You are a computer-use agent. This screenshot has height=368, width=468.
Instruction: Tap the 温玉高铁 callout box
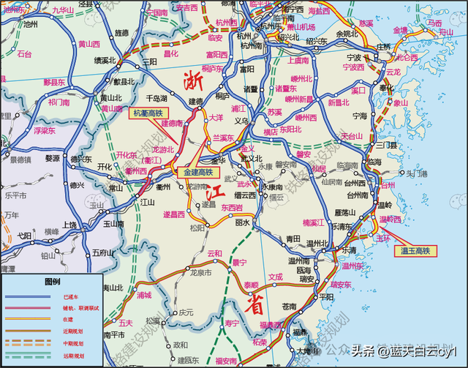coord(415,251)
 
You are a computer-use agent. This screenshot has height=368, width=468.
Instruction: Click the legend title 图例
coord(52,281)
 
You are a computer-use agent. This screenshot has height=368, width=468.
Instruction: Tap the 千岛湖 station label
coord(157,97)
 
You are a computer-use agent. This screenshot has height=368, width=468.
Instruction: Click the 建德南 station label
coord(172,124)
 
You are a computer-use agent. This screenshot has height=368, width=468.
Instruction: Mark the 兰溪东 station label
coord(223,138)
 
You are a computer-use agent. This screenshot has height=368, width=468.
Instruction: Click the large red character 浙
coord(192,80)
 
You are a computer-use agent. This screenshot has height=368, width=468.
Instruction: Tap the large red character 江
coord(214,195)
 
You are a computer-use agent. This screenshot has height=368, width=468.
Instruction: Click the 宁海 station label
coord(359,116)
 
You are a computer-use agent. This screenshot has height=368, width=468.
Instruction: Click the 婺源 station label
coord(53,158)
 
